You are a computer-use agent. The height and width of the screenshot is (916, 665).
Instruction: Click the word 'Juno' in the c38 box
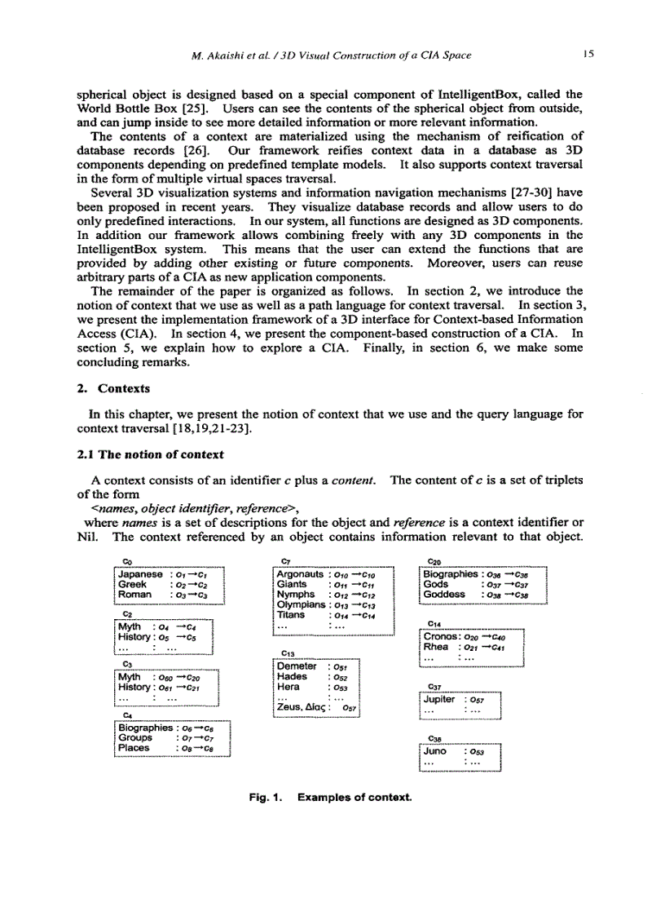tap(436, 750)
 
